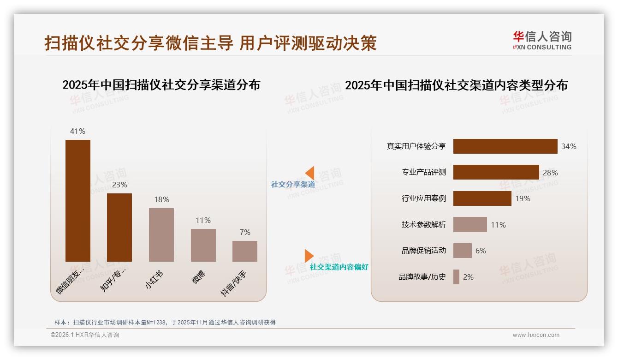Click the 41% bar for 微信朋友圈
coord(78,200)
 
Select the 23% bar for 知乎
coord(119,227)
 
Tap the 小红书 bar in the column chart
coord(161,234)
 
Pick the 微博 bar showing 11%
coord(203,245)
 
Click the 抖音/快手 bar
coord(245,251)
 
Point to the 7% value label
coord(245,232)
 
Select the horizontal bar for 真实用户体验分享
coord(505,146)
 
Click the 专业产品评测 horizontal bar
coord(496,172)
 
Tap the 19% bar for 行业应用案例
coord(482,198)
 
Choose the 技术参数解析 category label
coord(424,225)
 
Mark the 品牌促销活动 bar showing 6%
coord(462,251)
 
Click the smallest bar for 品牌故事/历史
coord(456,277)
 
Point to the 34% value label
coord(569,146)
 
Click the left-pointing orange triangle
coord(310,173)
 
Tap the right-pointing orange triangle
coord(309,256)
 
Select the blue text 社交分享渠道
coord(293,184)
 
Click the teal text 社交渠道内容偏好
coord(339,267)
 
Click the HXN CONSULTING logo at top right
coord(542,41)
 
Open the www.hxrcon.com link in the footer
coord(536,335)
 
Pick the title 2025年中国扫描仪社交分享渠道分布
coord(161,85)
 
